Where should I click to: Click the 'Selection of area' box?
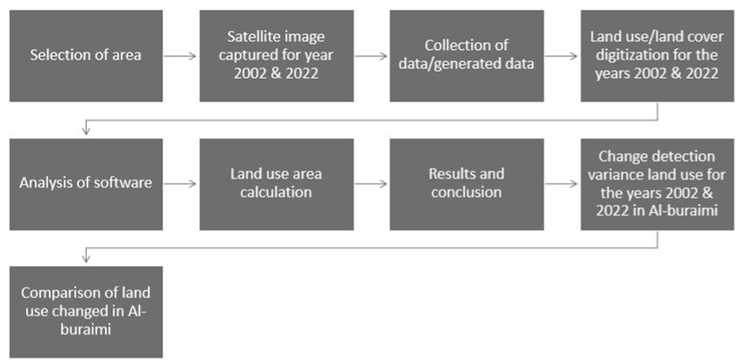[x=86, y=56]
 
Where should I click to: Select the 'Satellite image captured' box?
[x=276, y=56]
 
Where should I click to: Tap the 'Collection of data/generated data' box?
[x=466, y=56]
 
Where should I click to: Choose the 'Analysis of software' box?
[x=86, y=184]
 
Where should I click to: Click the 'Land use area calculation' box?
[x=276, y=184]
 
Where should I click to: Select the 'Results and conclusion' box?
[x=466, y=184]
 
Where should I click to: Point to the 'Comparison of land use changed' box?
[x=86, y=311]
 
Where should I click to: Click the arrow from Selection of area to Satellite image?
[x=180, y=56]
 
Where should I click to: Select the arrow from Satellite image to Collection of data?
[x=370, y=56]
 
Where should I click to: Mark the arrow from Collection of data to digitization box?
[x=561, y=56]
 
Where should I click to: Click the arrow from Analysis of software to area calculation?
[x=180, y=184]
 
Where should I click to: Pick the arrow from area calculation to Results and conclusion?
[x=370, y=184]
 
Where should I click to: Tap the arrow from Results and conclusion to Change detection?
[x=561, y=184]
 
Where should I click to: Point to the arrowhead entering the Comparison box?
[x=86, y=259]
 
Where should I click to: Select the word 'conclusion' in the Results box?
[x=466, y=192]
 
